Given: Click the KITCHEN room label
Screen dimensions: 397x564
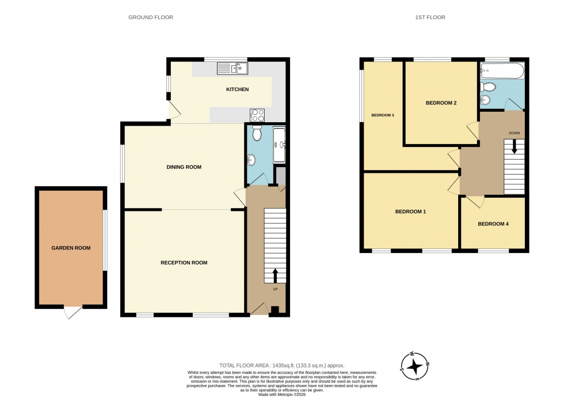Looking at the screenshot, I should tap(237, 89).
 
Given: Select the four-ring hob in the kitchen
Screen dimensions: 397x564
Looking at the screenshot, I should tap(257, 114).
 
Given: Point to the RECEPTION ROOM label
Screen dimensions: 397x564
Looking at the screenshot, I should tap(184, 263).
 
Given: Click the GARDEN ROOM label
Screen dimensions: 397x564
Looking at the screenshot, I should tap(71, 248).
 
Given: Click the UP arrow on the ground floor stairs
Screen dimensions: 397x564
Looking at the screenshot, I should tap(275, 275).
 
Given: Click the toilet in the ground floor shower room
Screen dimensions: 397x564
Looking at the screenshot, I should tap(257, 133).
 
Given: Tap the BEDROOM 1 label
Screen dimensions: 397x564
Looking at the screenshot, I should tap(410, 211).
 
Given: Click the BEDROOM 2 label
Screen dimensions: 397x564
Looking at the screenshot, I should tap(441, 103).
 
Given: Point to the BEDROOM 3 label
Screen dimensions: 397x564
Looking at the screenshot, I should tap(383, 115).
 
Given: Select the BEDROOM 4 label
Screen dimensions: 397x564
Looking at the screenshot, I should tap(493, 224).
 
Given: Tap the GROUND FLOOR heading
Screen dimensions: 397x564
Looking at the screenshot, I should tap(150, 17).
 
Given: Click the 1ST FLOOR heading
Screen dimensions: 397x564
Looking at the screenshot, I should tap(430, 17).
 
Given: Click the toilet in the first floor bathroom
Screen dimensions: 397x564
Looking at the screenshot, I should tap(489, 87).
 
